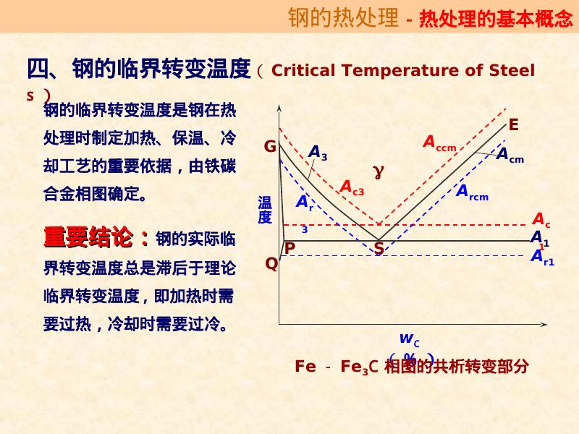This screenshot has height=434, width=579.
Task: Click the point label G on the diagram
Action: (x=270, y=147)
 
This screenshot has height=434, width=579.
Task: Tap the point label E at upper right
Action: (x=513, y=124)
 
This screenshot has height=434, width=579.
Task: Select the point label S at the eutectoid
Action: (x=379, y=249)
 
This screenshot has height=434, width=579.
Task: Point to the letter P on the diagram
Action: (x=289, y=248)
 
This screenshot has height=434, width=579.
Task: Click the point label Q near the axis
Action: (x=271, y=263)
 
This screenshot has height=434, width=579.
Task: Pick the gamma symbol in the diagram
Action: (x=378, y=171)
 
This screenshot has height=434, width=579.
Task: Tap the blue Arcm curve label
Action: (x=472, y=192)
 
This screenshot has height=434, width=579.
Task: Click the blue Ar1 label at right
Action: (x=542, y=257)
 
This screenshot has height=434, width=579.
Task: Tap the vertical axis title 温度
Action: (x=265, y=209)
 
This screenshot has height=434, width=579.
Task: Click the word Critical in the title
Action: (x=303, y=70)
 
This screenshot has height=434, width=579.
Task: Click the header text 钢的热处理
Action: (x=343, y=17)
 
